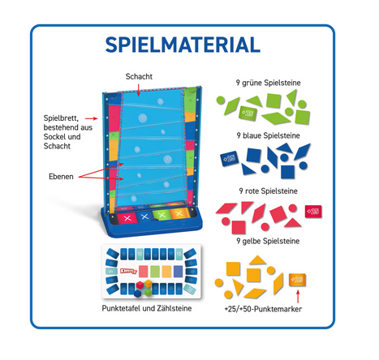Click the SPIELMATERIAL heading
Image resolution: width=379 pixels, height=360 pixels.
[x=183, y=45]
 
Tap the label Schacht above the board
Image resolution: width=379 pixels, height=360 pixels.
[x=139, y=76]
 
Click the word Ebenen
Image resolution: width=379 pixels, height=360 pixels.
[x=61, y=177]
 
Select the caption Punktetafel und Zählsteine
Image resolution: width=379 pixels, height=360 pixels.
[x=147, y=308]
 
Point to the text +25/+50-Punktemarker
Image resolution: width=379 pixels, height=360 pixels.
[x=263, y=309]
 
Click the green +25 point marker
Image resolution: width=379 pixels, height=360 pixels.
[x=248, y=113]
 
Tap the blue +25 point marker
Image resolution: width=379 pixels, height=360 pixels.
[x=230, y=158]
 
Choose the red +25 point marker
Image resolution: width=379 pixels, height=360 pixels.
[x=313, y=211]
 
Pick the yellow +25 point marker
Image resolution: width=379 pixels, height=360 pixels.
[x=297, y=280]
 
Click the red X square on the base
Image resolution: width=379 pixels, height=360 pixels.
[x=127, y=218]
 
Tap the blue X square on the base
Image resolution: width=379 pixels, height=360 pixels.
[x=145, y=216]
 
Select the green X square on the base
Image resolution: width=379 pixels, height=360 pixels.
[x=162, y=215]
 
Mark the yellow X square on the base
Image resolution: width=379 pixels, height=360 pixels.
[x=179, y=214]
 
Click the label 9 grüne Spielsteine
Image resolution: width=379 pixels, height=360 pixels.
[x=268, y=83]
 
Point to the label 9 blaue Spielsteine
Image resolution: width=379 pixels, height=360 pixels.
[x=268, y=135]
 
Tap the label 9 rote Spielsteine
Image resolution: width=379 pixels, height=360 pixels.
[x=268, y=191]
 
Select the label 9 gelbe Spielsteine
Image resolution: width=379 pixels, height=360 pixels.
[x=268, y=241]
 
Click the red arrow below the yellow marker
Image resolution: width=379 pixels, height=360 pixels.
[x=298, y=297]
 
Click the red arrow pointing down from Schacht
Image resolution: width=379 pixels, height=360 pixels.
[x=139, y=90]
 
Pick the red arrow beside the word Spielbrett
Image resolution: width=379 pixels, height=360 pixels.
[x=92, y=118]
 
